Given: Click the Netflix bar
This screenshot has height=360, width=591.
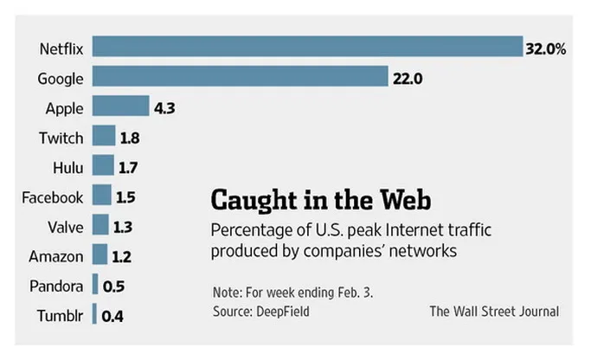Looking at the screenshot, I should click(x=307, y=48).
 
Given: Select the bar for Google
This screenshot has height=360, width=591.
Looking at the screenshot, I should click(x=240, y=78).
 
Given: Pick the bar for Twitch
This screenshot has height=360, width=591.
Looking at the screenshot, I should click(x=104, y=137).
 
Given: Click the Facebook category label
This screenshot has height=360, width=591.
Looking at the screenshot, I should click(x=53, y=196).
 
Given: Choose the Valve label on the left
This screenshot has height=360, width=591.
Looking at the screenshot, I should click(x=66, y=227).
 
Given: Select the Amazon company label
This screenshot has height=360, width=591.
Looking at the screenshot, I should click(x=56, y=256).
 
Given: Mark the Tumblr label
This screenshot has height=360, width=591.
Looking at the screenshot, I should click(x=60, y=315).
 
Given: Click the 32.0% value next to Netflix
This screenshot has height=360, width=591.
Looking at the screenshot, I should click(x=545, y=49).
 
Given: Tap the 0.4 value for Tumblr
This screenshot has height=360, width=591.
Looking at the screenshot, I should click(x=112, y=316).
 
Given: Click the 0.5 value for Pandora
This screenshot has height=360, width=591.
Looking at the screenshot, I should click(x=113, y=286).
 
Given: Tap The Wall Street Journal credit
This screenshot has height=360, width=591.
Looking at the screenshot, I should click(x=493, y=311).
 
